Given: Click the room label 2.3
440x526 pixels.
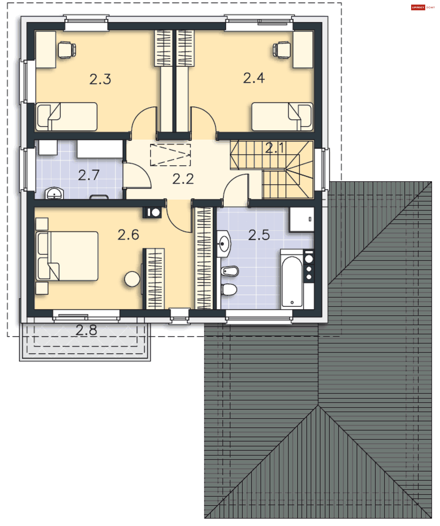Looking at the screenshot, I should click(x=100, y=79).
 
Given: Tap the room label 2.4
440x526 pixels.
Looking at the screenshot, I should click(x=254, y=78).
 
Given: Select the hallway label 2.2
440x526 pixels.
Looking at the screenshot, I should click(x=183, y=179).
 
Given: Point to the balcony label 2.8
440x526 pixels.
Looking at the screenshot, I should click(x=86, y=330).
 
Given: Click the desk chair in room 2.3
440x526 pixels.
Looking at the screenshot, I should click(x=67, y=50).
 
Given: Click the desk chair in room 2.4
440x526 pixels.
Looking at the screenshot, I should click(x=282, y=50).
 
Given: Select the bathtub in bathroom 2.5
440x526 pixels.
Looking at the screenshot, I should click(x=292, y=281).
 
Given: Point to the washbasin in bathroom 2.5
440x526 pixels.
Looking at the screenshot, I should click(x=224, y=244).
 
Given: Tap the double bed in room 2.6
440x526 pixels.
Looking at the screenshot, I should click(x=67, y=256).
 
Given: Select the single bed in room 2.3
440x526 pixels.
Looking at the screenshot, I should click(x=67, y=117).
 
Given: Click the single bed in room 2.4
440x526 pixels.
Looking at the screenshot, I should click(x=282, y=117).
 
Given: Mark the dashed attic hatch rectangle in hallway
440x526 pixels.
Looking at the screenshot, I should click(x=170, y=155).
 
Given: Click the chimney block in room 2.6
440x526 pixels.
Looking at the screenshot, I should click(x=152, y=213).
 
